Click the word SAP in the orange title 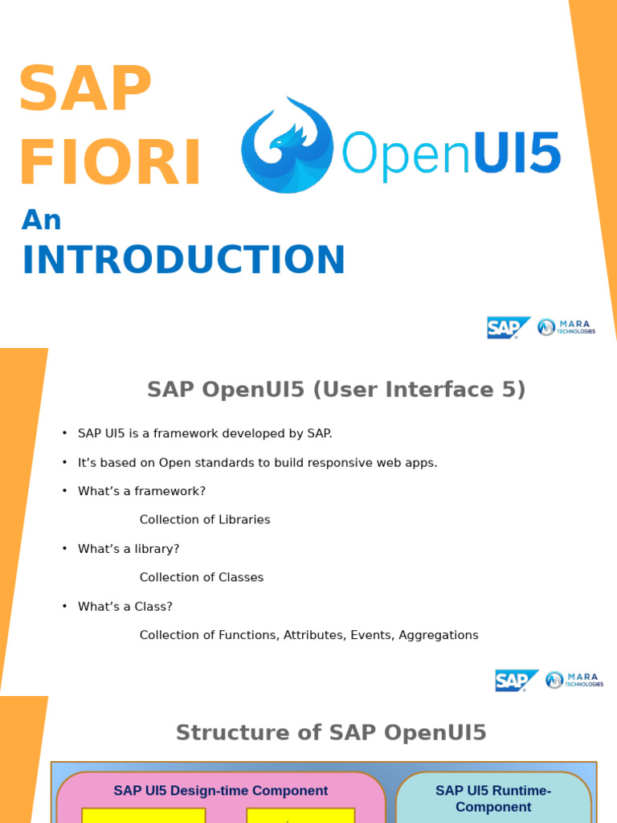coord(85,89)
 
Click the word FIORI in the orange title coord(110,163)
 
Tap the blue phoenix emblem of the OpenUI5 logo coord(287,145)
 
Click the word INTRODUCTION coord(183,260)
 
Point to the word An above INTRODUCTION coord(41,219)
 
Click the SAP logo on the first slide coord(508,327)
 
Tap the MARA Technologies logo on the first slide coord(566,327)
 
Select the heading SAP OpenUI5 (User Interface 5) coord(336,390)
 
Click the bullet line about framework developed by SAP coord(204,433)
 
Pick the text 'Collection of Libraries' coord(205,520)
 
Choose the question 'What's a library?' coord(129,549)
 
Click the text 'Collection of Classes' coord(201,577)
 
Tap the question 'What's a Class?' coord(125,606)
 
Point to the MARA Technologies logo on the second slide coord(574,680)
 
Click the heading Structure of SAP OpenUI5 coord(331,733)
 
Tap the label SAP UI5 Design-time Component coord(220,791)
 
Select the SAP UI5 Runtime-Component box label coord(493,798)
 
